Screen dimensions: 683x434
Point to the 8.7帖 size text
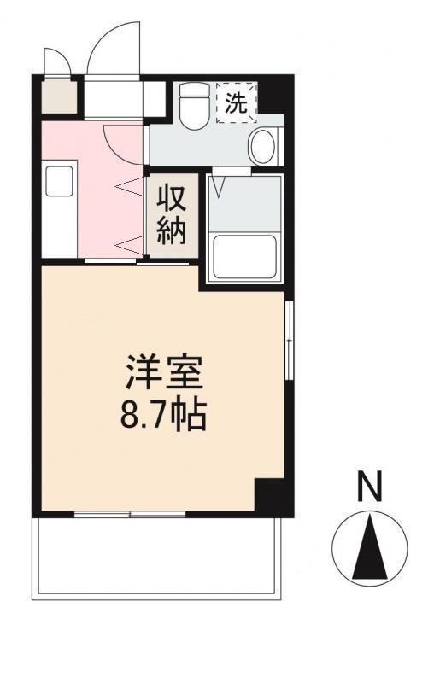click(x=165, y=416)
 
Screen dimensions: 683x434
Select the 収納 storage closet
click(x=171, y=215)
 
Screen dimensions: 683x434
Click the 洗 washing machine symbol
click(x=235, y=103)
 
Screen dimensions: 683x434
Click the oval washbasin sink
click(x=262, y=147)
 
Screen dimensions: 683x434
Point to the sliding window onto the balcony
click(x=130, y=514)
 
